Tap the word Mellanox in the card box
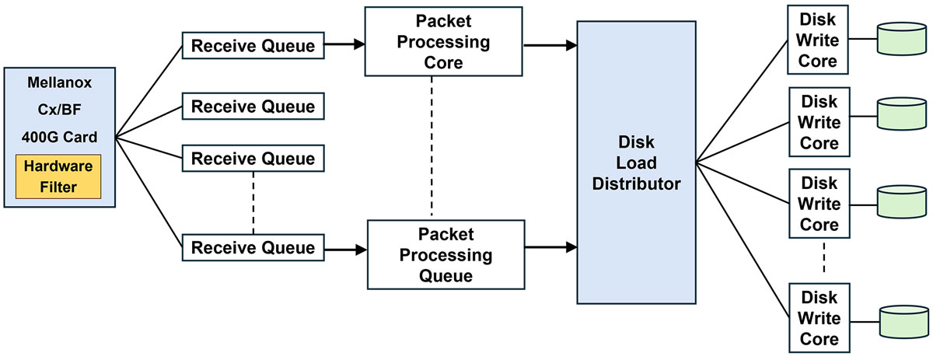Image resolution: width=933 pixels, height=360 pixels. click(x=60, y=81)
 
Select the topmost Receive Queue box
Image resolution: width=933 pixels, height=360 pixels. click(x=253, y=45)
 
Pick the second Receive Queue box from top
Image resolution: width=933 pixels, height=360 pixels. click(x=253, y=106)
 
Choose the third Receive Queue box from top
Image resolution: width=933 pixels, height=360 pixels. click(x=253, y=159)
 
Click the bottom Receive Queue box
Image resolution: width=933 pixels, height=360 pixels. click(x=253, y=248)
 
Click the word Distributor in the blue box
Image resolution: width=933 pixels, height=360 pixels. click(x=636, y=184)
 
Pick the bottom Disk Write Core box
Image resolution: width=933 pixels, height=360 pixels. click(x=819, y=317)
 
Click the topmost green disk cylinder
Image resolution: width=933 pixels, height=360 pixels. click(x=902, y=38)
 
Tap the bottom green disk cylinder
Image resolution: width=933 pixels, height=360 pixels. click(x=902, y=320)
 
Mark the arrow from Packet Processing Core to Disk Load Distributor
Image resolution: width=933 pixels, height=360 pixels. click(x=550, y=45)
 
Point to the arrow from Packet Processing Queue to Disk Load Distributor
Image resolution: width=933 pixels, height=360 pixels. click(x=550, y=247)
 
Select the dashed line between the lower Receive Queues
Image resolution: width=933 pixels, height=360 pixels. click(x=253, y=204)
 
